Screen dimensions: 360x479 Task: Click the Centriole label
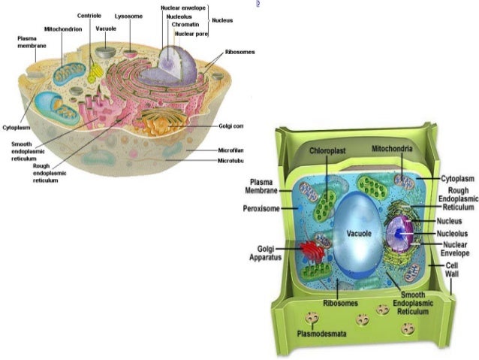tap(90, 16)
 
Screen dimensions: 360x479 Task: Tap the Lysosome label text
tap(128, 16)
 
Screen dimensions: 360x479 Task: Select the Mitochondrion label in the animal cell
tap(63, 29)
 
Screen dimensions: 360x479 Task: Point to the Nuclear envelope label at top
tap(183, 8)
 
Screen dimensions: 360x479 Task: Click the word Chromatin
tap(185, 25)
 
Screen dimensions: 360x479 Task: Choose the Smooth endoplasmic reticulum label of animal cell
tap(26, 149)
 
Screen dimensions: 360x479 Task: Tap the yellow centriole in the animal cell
tap(95, 73)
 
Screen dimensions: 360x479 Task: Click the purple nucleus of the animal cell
tap(177, 66)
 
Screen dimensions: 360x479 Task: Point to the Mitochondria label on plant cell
tap(393, 150)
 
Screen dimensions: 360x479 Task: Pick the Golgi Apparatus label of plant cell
tap(266, 253)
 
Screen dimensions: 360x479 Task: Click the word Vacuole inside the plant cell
tap(359, 234)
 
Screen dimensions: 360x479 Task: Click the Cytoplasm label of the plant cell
tap(458, 178)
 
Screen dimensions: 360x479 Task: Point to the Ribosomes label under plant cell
tap(341, 304)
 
